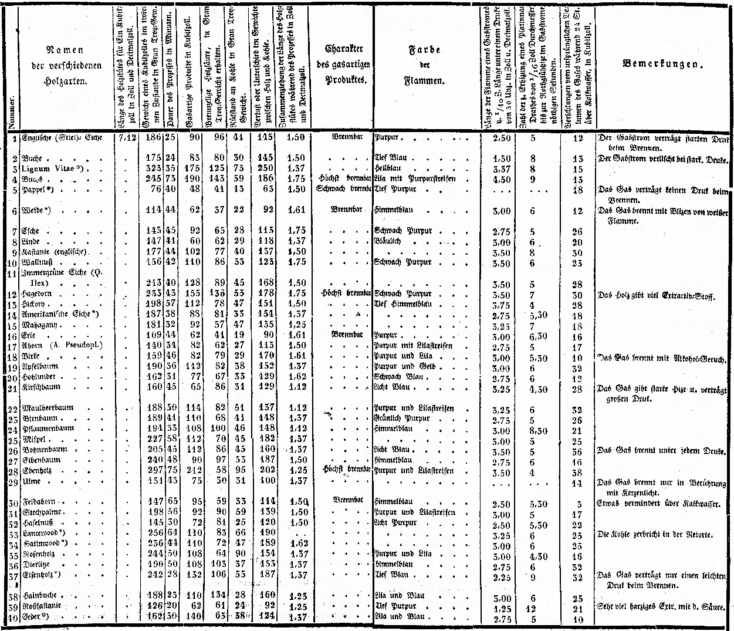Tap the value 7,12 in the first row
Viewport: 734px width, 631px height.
[127, 138]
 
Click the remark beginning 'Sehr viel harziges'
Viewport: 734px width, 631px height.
[664, 606]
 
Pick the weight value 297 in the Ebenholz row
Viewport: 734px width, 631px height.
[153, 471]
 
